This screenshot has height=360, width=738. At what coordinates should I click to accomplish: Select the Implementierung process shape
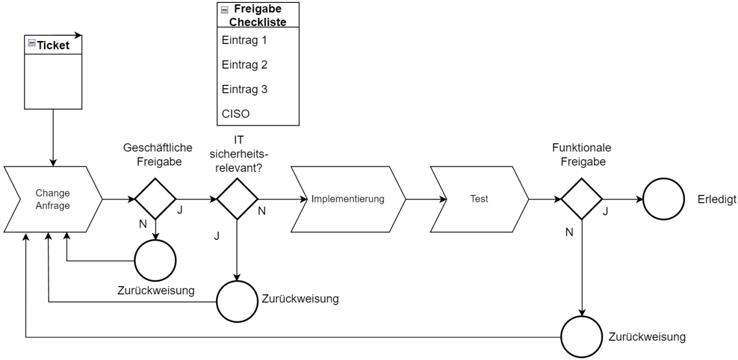coord(347,199)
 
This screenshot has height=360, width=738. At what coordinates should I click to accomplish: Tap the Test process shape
coord(479,199)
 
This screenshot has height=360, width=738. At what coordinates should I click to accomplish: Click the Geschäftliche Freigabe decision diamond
coord(155,199)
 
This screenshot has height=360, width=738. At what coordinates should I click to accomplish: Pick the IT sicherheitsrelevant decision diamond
coord(237,199)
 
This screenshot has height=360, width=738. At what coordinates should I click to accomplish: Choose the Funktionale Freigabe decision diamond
coord(582,199)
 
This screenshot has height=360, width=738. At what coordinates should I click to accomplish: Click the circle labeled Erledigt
coord(664,199)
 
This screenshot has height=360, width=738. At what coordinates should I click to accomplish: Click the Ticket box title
coord(53,46)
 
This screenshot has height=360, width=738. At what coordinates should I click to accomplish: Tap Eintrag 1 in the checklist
coord(244,41)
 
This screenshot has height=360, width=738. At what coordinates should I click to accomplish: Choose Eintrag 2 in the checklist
coord(244,65)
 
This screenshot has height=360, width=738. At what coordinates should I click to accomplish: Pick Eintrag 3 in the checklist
coord(244,89)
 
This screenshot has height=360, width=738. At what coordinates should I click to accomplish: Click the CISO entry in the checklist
coord(236,114)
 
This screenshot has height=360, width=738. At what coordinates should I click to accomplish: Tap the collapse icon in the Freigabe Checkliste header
coord(224,10)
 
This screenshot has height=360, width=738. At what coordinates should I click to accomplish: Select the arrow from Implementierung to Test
coord(426,199)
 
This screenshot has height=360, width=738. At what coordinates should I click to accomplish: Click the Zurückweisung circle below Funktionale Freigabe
coord(582,337)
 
